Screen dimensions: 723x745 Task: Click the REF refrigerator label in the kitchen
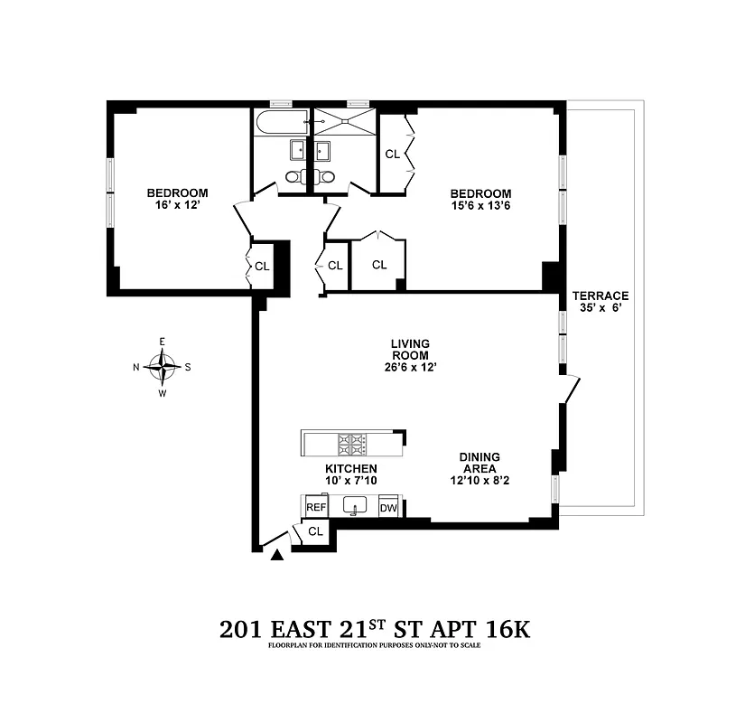click(x=315, y=508)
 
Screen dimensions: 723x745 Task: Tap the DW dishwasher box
click(x=388, y=508)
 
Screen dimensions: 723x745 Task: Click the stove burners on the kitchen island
click(x=350, y=443)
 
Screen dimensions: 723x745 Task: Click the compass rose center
click(x=163, y=367)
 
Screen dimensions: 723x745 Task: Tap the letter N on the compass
click(x=136, y=367)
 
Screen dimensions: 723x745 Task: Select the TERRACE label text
click(x=600, y=296)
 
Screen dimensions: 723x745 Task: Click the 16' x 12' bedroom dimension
click(x=177, y=205)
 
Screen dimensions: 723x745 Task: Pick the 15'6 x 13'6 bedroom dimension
click(x=480, y=206)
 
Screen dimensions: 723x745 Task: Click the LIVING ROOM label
click(x=409, y=349)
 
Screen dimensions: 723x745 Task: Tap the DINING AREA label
click(x=479, y=464)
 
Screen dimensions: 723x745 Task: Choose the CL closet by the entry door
click(x=315, y=531)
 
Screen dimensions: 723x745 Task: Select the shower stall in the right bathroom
click(x=343, y=121)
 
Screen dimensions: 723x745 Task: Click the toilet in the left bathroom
click(x=297, y=177)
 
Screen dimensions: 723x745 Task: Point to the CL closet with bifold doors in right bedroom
click(x=392, y=155)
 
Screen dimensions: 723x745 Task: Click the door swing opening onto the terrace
click(x=569, y=391)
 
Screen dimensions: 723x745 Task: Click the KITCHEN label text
click(x=350, y=469)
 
